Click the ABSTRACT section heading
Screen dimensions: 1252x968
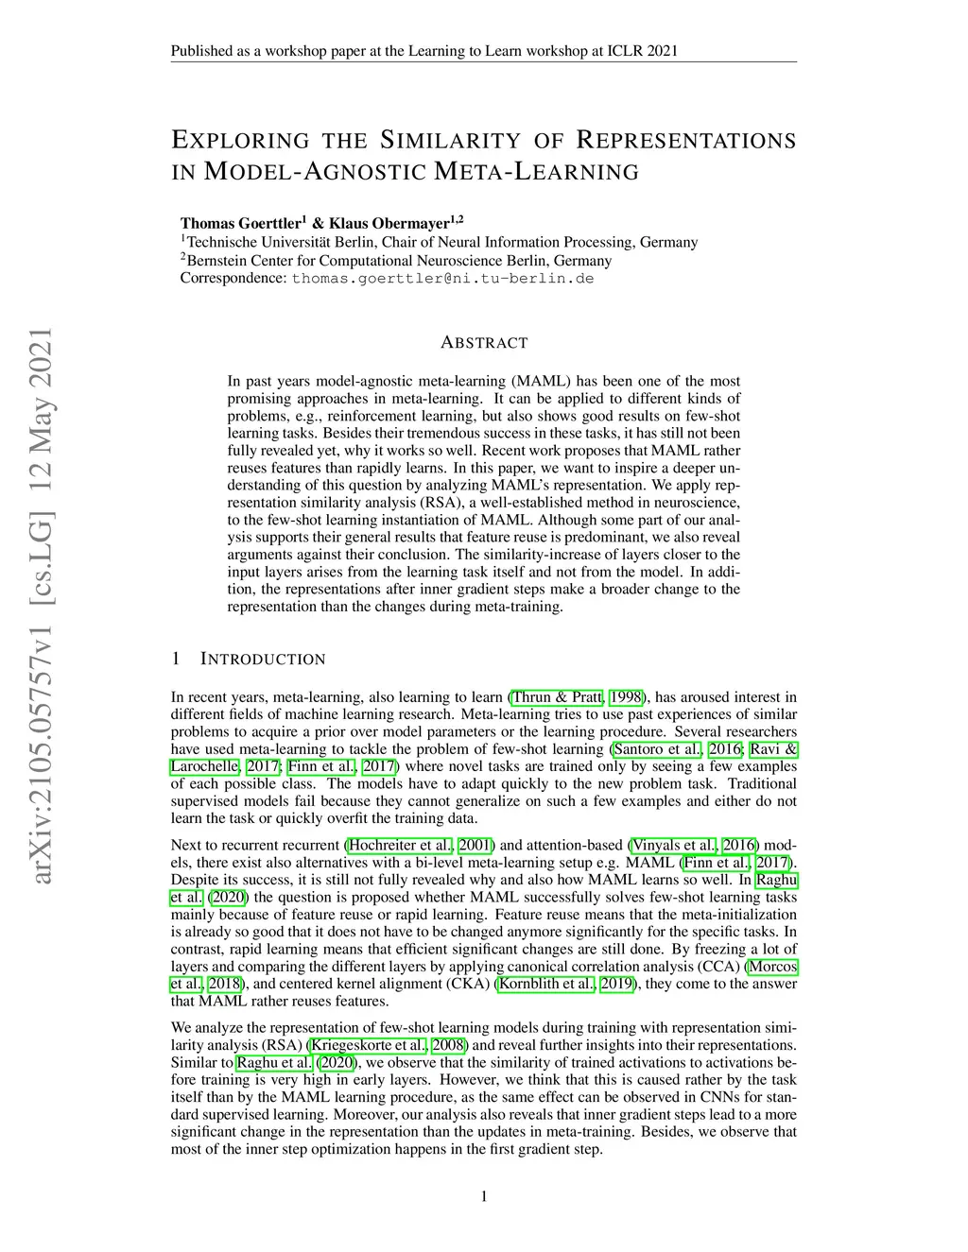[484, 342]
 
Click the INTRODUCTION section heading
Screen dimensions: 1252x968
[263, 659]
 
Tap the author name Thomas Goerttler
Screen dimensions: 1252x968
[240, 224]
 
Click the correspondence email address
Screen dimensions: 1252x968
[442, 279]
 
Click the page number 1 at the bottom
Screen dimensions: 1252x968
[484, 1197]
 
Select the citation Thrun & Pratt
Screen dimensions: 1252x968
[557, 697]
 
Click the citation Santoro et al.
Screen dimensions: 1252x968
[657, 749]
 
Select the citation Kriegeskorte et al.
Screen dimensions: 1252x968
[368, 1045]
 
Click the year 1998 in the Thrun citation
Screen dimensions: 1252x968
[626, 697]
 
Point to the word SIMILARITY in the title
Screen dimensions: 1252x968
[449, 141]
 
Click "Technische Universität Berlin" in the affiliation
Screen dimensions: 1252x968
[279, 242]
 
